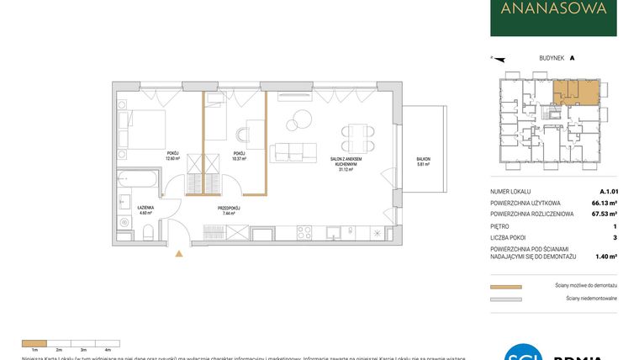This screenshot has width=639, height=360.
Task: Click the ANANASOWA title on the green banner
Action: (553, 10)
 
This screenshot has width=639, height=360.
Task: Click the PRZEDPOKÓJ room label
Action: (230, 209)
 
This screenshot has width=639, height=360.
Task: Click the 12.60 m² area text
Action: (173, 158)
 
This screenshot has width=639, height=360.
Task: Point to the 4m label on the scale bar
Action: (108, 349)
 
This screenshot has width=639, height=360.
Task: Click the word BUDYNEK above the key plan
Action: (552, 58)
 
